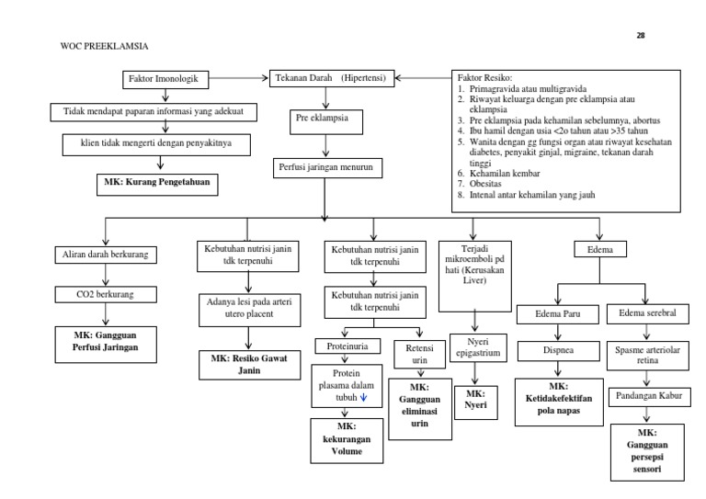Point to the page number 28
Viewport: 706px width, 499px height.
(642, 35)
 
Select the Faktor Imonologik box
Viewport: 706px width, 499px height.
(163, 79)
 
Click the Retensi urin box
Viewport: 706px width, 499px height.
(413, 355)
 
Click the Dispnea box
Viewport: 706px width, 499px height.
(559, 350)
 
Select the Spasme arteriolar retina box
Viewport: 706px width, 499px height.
(648, 354)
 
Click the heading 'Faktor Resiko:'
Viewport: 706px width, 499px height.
(484, 79)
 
